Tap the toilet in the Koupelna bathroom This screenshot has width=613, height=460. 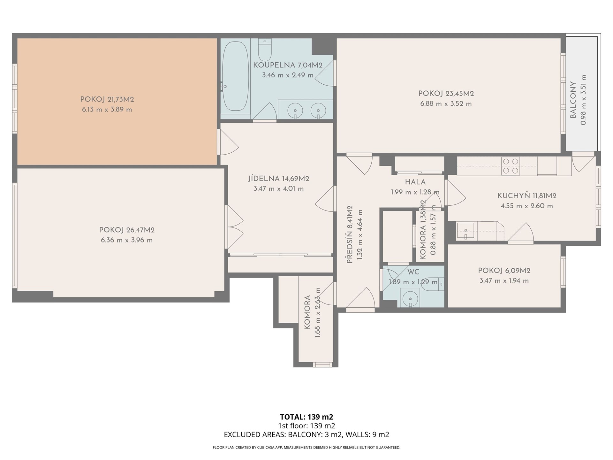pos(265,50)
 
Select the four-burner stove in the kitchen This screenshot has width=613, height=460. pos(510,166)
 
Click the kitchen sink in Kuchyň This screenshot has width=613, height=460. pos(466,231)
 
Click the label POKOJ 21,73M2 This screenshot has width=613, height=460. pos(107,99)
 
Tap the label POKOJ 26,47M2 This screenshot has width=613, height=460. pos(127,230)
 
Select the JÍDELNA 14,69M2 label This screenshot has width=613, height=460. pos(279,179)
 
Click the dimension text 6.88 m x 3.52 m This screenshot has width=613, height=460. pos(446,103)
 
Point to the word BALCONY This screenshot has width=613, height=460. pos(573,100)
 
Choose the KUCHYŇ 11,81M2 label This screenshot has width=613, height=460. pos(527,196)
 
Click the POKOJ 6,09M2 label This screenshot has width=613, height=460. pos(504,271)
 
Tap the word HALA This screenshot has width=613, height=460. pos(415,182)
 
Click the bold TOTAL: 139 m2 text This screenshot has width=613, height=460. pos(306,417)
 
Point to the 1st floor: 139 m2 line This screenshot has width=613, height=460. pos(306,426)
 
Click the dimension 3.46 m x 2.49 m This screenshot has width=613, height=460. pos(288,75)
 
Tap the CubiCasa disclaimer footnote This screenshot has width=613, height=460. pos(306,448)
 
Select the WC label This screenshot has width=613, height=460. pos(413,272)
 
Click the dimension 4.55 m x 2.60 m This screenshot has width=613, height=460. pos(527,206)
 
